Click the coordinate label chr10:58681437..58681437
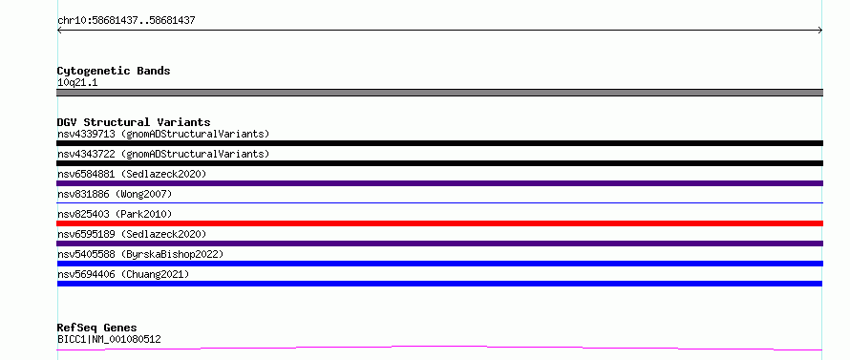[126, 21]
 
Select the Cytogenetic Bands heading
[114, 71]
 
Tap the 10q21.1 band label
[77, 83]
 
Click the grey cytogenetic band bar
[439, 93]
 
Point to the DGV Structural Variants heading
[134, 122]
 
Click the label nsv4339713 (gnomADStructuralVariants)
[163, 134]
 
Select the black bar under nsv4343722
[439, 163]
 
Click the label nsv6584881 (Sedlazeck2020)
[132, 174]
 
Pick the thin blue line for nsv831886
[439, 202]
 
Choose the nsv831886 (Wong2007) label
[115, 194]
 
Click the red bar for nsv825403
[439, 223]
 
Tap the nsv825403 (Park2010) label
[115, 214]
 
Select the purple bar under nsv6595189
[439, 244]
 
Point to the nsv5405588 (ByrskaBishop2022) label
[140, 254]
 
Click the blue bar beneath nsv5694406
[439, 284]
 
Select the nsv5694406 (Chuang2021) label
[123, 274]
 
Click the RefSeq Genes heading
[96, 328]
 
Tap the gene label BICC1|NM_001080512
[109, 340]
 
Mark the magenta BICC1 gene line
[439, 346]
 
